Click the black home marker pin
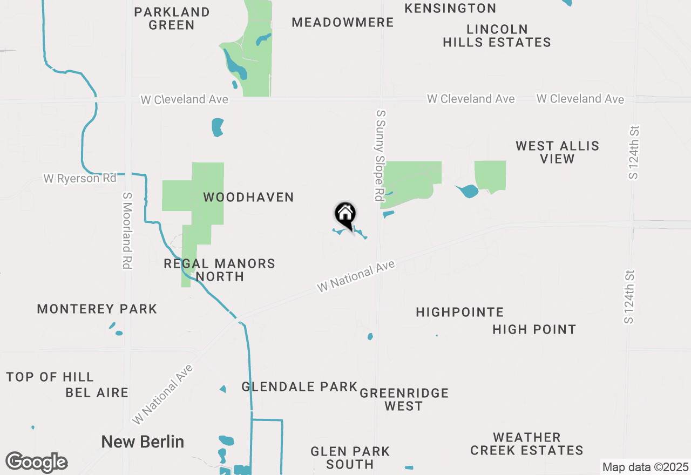coord(345,215)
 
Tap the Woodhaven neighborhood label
coord(248,198)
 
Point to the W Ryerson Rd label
coord(79,178)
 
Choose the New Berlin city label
coord(143,442)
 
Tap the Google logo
coord(36,463)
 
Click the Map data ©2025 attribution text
coord(645,467)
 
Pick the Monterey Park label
coord(97,309)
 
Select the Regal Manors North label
coord(219,270)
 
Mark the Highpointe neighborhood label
coord(460,312)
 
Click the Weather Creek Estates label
coord(526,444)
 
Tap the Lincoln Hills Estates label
coord(497,36)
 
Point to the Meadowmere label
coord(343,22)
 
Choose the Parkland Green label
coord(172,18)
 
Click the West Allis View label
coord(557,152)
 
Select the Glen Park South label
coord(350,458)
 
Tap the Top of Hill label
coord(50,377)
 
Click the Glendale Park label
coord(299,386)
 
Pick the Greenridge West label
coord(404,399)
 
